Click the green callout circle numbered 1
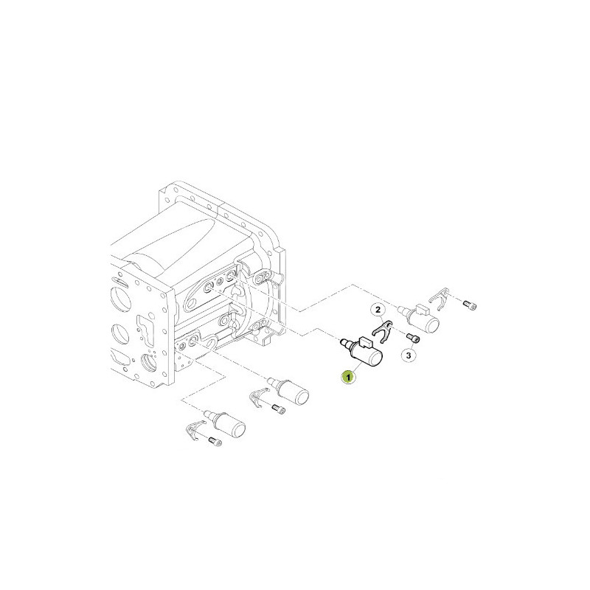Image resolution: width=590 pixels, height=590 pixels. click(348, 377)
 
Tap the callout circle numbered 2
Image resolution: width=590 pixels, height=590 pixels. click(378, 310)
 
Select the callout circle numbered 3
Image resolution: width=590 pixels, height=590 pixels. click(409, 355)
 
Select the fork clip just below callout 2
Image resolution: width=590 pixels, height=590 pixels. click(383, 331)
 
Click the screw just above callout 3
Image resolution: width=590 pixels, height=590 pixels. click(413, 339)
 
